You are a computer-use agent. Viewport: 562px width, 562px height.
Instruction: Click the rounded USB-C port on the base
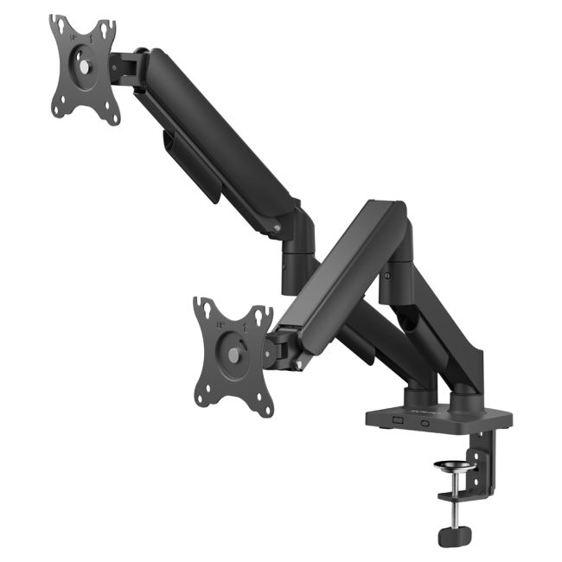click(x=425, y=423)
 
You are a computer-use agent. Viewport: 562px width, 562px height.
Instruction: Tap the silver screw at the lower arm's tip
click(x=299, y=364)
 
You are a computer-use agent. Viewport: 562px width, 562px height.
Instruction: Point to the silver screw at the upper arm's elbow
click(x=277, y=228)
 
